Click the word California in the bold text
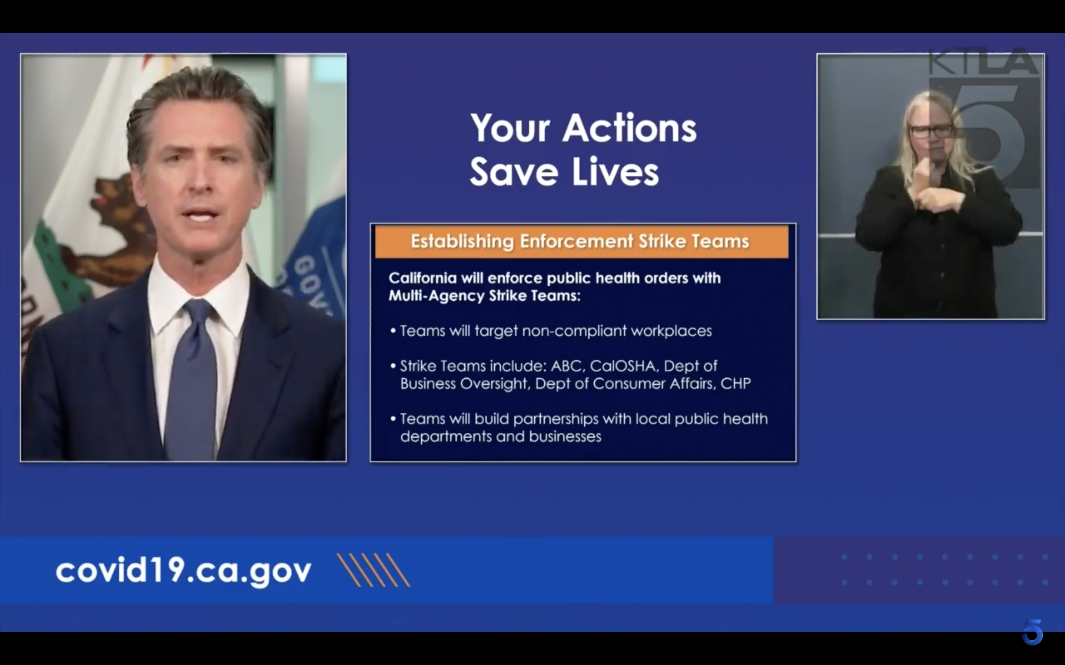click(x=422, y=278)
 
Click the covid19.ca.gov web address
click(x=183, y=571)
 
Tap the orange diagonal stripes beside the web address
click(x=373, y=570)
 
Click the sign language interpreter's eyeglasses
click(x=931, y=131)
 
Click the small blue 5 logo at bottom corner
click(x=1032, y=632)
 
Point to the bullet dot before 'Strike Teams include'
click(x=393, y=366)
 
